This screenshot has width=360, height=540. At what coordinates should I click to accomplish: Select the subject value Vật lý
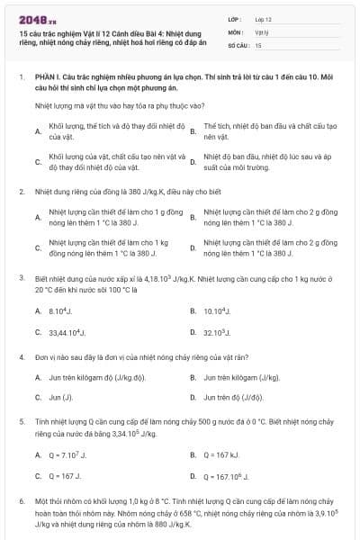[261, 31]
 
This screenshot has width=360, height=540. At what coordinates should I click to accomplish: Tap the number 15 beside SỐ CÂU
[258, 44]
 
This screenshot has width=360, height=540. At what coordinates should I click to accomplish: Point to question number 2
[21, 191]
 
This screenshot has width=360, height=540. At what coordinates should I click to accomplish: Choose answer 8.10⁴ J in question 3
[61, 310]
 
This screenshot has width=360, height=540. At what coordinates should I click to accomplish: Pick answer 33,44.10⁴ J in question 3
[68, 332]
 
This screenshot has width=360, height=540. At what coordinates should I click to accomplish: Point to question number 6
[21, 499]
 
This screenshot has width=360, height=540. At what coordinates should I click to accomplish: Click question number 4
[21, 357]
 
